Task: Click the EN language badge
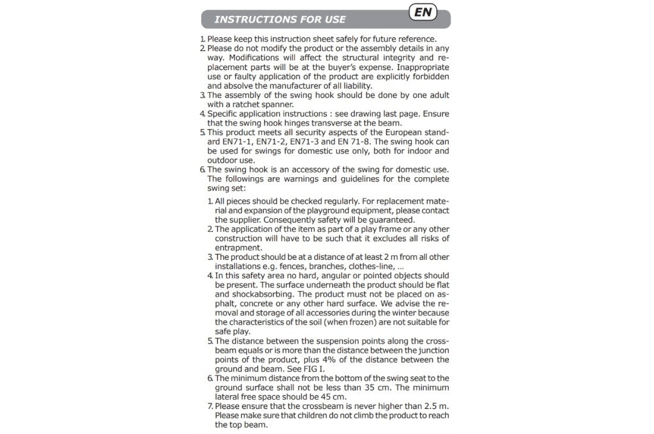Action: pyautogui.click(x=423, y=12)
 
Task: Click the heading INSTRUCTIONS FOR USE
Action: pyautogui.click(x=279, y=20)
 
